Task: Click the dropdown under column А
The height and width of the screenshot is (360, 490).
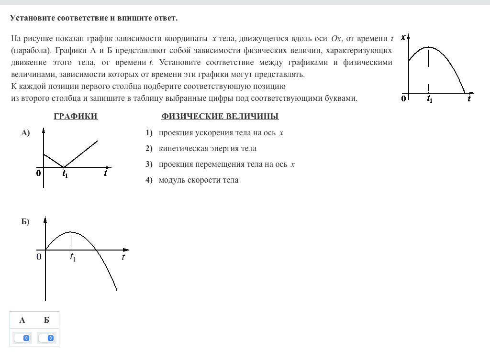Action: [22, 338]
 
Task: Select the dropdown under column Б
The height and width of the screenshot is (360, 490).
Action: [46, 338]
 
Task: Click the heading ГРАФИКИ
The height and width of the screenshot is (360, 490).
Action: [76, 117]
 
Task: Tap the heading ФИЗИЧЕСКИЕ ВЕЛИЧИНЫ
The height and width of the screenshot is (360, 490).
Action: [220, 117]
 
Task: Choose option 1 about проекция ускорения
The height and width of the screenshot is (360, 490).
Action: [221, 133]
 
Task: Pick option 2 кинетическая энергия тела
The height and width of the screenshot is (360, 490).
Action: [207, 149]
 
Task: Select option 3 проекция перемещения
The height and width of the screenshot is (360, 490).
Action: [226, 164]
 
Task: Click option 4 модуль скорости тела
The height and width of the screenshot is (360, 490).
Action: [198, 180]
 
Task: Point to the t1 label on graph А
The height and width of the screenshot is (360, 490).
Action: [65, 175]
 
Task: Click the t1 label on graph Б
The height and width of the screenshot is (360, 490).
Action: [73, 258]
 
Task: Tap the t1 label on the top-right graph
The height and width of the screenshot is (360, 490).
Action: [429, 99]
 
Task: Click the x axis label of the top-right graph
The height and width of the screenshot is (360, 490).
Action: [403, 37]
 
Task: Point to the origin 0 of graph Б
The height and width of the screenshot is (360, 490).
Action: [39, 257]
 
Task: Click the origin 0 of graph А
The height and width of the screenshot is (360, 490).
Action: [38, 174]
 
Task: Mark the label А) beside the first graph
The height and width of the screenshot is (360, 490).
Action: [25, 133]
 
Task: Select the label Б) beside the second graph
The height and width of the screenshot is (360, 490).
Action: [25, 222]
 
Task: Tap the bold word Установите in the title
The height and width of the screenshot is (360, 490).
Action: [32, 18]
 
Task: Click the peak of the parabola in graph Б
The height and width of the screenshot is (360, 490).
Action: [71, 232]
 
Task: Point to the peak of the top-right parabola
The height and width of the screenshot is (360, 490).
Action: [429, 47]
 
